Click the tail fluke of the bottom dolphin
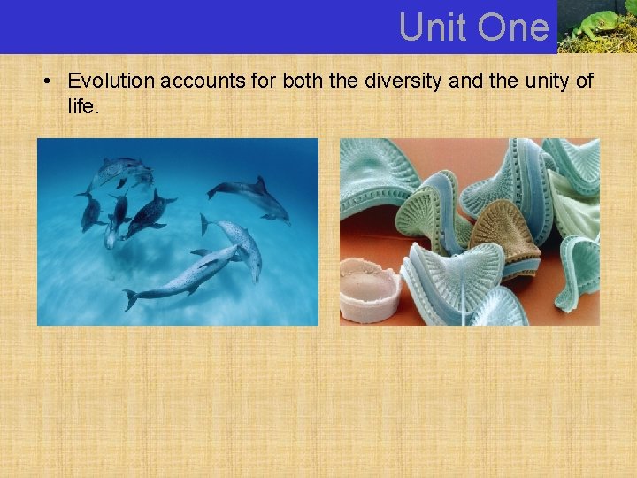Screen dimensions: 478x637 [131, 299]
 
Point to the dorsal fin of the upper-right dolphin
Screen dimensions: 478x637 [260, 183]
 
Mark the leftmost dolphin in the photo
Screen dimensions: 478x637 [90, 210]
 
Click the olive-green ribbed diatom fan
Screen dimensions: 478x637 [438, 221]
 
